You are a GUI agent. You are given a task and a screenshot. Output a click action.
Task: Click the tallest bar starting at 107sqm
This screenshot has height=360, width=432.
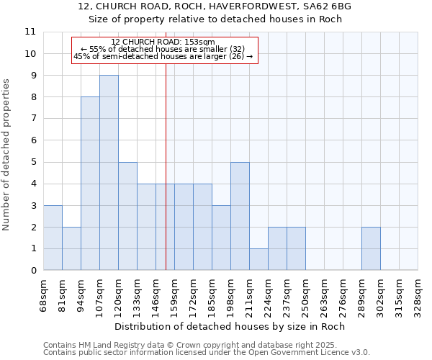[109, 173]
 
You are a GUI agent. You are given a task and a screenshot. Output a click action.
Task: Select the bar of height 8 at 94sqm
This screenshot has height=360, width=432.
[90, 184]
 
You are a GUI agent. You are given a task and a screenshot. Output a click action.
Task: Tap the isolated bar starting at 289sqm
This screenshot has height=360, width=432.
[371, 248]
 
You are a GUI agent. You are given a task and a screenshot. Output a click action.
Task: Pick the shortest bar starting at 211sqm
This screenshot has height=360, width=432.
[258, 259]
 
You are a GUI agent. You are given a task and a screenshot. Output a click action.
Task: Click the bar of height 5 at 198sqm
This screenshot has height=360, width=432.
[240, 216]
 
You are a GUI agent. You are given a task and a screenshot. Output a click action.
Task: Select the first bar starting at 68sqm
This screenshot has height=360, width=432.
[53, 238]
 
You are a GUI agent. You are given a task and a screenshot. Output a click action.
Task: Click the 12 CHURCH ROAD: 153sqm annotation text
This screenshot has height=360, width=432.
[163, 42]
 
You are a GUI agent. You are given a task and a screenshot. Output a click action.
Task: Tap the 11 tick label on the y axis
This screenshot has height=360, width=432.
[30, 32]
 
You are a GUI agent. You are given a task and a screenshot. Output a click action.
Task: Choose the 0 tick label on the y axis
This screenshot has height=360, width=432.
[33, 271]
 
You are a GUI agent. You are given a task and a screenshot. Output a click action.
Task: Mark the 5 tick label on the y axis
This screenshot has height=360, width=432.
[33, 163]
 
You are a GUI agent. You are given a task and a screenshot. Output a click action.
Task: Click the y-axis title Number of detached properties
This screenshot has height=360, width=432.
[6, 156]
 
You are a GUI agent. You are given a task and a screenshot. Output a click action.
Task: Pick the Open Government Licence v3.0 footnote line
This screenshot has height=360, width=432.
[207, 353]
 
